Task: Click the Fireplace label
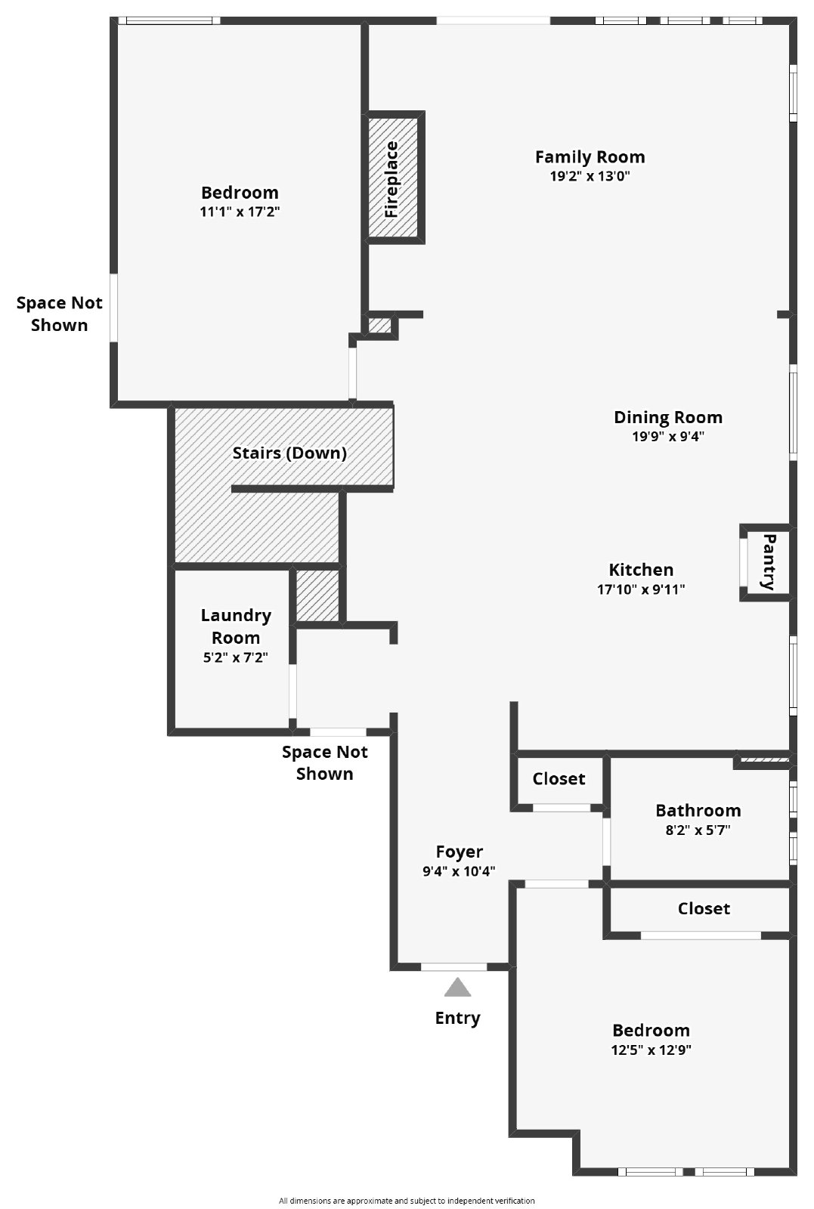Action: tap(392, 179)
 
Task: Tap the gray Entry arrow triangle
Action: tap(457, 988)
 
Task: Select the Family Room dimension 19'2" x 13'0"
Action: tap(590, 177)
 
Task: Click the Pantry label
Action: tap(769, 562)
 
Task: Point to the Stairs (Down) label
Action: tap(289, 453)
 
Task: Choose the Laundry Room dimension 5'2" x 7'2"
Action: tap(236, 658)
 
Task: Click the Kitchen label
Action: tap(641, 570)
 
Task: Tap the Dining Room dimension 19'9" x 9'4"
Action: tap(668, 437)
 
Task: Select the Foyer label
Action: tap(459, 852)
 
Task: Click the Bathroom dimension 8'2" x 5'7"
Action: tap(698, 830)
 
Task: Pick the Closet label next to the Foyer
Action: tap(559, 779)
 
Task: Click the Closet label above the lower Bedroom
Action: tap(704, 908)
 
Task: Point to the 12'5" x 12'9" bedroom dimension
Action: tap(651, 1050)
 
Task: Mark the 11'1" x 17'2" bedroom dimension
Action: tap(240, 212)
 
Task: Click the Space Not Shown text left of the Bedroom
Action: tap(59, 314)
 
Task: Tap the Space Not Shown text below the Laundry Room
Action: tap(324, 762)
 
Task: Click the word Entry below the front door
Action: tap(457, 1018)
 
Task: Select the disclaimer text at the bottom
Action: tap(407, 1201)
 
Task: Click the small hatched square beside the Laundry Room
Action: tap(317, 596)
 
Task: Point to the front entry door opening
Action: tap(453, 967)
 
